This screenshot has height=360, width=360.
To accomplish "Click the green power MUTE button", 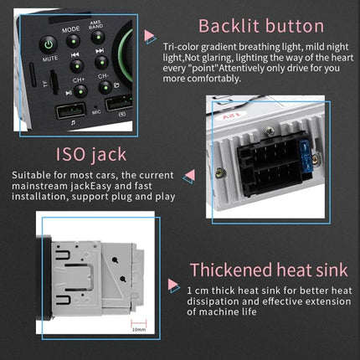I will (48, 44).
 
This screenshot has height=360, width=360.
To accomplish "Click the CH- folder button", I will (104, 85).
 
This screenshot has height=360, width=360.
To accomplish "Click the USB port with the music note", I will (69, 111).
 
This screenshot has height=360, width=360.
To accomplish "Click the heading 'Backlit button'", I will (248, 25).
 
